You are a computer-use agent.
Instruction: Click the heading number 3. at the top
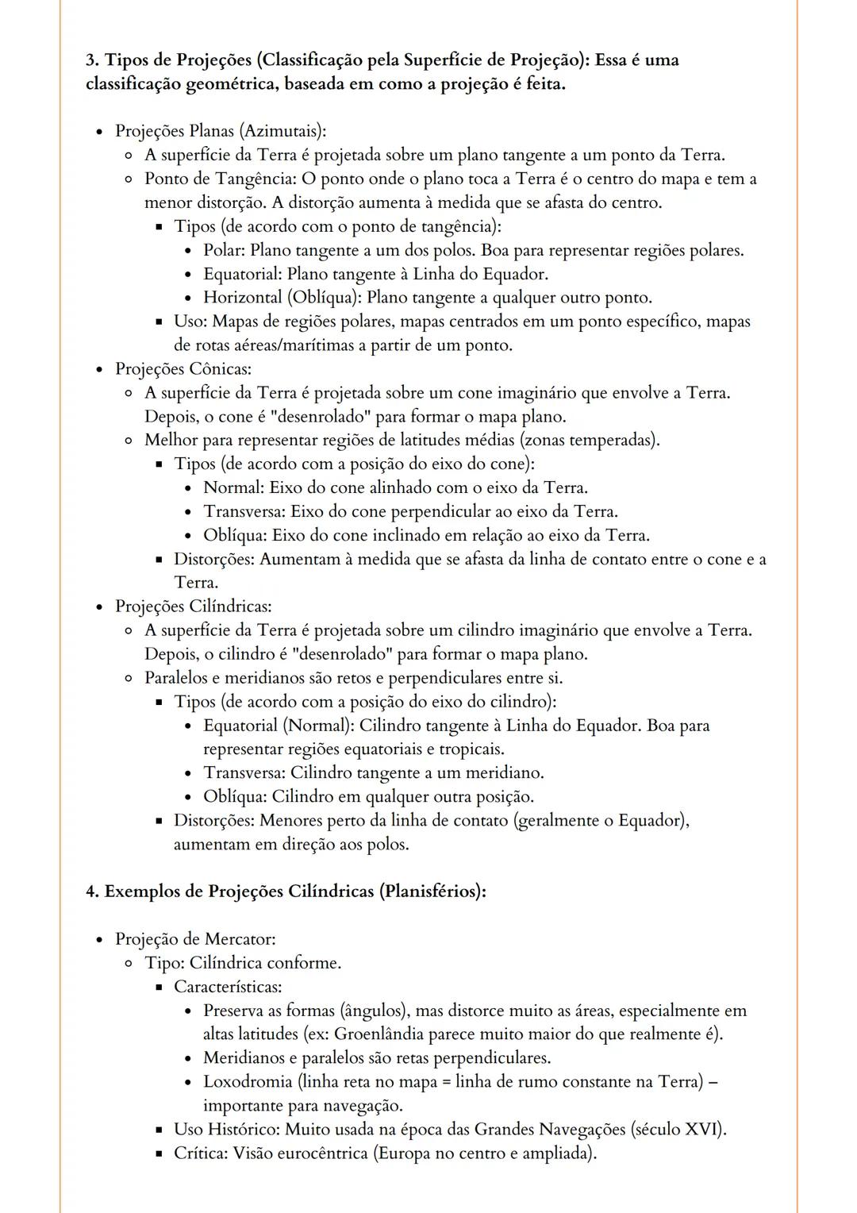(94, 60)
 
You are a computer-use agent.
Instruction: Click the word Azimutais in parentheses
(284, 131)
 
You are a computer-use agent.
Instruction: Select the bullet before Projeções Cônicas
(99, 369)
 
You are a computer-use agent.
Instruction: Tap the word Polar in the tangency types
(225, 250)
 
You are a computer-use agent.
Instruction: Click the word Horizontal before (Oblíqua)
(243, 298)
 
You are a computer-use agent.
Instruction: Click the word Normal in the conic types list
(233, 487)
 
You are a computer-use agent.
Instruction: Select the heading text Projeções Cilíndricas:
(194, 606)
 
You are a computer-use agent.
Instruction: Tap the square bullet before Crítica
(159, 1153)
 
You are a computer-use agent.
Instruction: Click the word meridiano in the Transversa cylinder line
(504, 772)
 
